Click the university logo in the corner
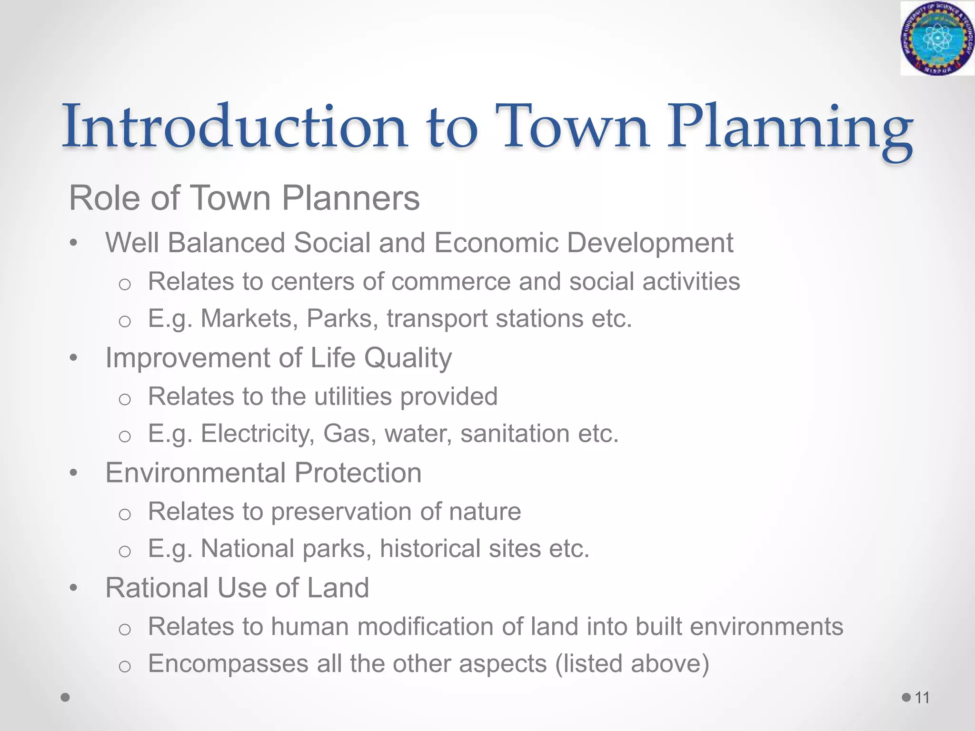click(936, 38)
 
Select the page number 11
click(922, 698)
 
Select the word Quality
click(408, 358)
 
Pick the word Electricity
click(258, 434)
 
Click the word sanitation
click(515, 434)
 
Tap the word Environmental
click(195, 473)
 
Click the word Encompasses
click(228, 663)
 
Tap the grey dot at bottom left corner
click(66, 697)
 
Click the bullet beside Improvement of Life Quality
click(73, 358)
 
